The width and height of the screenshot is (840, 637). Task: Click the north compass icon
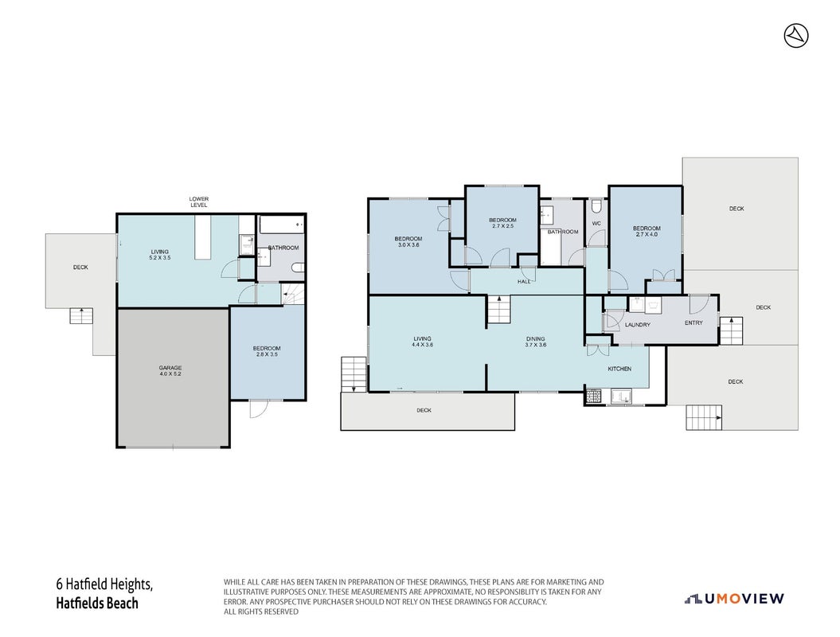pyautogui.click(x=796, y=36)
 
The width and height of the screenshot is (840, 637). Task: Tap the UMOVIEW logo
pyautogui.click(x=734, y=599)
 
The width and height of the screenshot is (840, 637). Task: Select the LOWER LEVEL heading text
pyautogui.click(x=199, y=202)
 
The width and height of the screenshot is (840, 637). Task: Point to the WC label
pyautogui.click(x=596, y=224)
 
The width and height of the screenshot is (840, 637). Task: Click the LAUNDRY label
pyautogui.click(x=638, y=325)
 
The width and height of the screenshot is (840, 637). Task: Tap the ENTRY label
pyautogui.click(x=693, y=322)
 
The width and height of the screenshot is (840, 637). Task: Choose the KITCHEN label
pyautogui.click(x=619, y=369)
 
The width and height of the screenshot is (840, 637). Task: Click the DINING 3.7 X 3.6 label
pyautogui.click(x=535, y=342)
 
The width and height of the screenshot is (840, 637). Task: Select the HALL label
pyautogui.click(x=524, y=281)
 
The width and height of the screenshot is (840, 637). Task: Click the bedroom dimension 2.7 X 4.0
pyautogui.click(x=647, y=234)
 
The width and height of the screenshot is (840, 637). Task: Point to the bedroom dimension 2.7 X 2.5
pyautogui.click(x=502, y=225)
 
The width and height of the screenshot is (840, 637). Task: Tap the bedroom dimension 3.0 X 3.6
pyautogui.click(x=408, y=244)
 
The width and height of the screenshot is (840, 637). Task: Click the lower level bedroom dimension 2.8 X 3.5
pyautogui.click(x=267, y=354)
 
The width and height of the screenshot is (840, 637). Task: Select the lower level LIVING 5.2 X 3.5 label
pyautogui.click(x=160, y=255)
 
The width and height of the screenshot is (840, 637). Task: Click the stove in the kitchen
pyautogui.click(x=593, y=397)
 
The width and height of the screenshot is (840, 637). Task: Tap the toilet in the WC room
pyautogui.click(x=596, y=207)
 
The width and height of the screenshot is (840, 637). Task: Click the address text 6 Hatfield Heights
pyautogui.click(x=104, y=584)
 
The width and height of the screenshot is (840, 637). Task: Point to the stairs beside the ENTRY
pyautogui.click(x=731, y=330)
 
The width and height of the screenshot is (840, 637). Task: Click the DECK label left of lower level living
pyautogui.click(x=80, y=268)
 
